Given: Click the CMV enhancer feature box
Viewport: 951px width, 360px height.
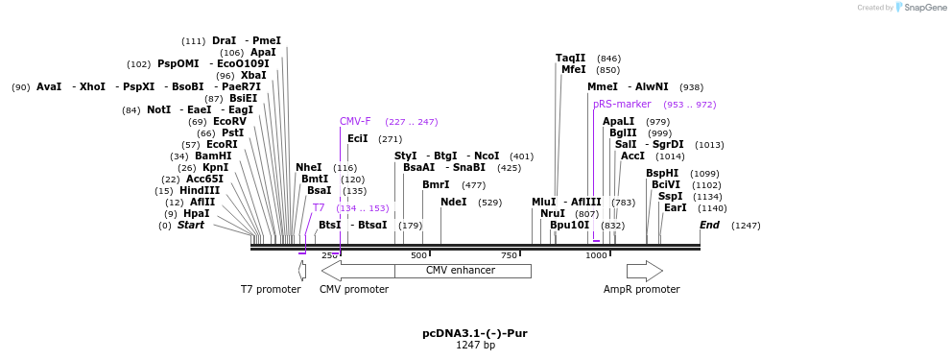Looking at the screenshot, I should [462, 271].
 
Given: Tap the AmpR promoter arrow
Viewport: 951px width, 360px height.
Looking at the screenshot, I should [644, 271].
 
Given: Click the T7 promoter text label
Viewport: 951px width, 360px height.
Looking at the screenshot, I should [271, 289].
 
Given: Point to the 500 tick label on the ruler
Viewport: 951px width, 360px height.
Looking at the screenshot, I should [418, 255].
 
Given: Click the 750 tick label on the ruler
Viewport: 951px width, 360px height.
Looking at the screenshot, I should [509, 255].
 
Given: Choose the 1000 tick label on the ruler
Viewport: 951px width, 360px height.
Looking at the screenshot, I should [596, 255].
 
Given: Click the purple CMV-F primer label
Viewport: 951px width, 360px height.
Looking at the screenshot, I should [355, 122].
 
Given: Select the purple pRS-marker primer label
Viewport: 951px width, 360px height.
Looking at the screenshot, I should [622, 104].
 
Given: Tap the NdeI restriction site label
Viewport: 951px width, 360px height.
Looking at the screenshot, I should [453, 203].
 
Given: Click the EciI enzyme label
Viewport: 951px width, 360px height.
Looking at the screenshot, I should [357, 139].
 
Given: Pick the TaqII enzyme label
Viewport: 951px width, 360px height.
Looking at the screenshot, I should [570, 59].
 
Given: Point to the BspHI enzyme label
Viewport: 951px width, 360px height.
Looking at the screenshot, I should [662, 174].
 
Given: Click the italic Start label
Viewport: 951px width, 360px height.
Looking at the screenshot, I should [191, 226].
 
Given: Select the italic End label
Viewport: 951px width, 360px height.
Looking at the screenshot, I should [709, 226].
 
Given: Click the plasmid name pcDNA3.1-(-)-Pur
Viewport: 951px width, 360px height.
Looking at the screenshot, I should [475, 334].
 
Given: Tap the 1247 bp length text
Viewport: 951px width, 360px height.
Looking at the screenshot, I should [475, 346].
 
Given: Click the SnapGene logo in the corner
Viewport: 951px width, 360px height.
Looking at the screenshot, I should [915, 8].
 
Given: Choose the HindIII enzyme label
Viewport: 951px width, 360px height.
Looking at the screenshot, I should [200, 191].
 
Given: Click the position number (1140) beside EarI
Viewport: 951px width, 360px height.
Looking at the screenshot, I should [712, 208].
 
